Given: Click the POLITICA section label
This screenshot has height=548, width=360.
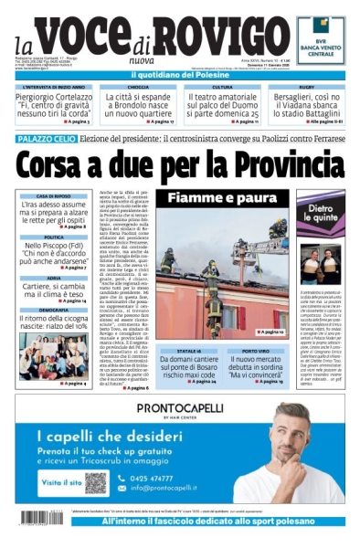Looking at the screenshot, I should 54,237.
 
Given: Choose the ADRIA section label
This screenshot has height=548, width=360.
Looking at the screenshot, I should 54,278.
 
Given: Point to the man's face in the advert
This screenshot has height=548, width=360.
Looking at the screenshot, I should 291,433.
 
